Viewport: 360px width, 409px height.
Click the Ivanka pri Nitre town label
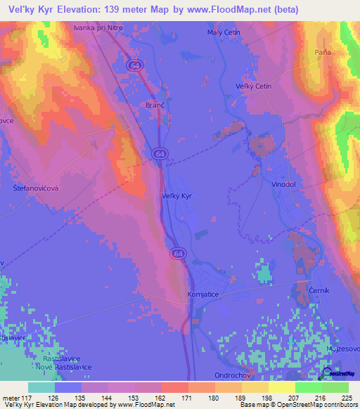(x=97, y=29)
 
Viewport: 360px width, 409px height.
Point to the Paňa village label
(x=323, y=53)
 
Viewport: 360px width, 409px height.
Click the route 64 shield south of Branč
(x=159, y=153)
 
